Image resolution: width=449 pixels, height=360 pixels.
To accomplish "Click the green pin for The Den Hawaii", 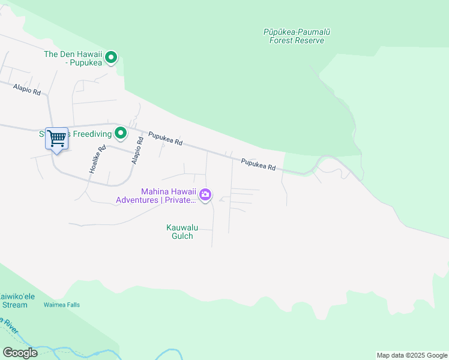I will [x=111, y=58].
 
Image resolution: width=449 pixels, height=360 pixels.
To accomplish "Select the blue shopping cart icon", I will [x=56, y=139].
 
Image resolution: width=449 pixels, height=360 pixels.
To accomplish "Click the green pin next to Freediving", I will [x=121, y=133].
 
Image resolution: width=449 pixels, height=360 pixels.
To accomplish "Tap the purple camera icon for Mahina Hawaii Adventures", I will [x=205, y=194].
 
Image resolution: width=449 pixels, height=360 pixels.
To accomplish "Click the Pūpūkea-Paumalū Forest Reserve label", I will [x=293, y=36].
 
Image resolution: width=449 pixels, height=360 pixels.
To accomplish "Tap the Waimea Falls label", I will [x=61, y=305].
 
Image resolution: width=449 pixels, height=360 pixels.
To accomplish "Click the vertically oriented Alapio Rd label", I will [x=138, y=151].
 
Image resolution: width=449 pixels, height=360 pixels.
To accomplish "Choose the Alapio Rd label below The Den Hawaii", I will [x=26, y=90].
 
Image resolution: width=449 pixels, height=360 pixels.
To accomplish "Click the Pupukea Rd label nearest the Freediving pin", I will [x=165, y=139].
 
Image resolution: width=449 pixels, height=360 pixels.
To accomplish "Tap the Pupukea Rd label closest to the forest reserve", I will [x=259, y=164].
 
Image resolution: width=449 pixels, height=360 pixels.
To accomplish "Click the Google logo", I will [x=20, y=352].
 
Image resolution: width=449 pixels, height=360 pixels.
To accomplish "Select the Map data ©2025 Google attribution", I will [x=412, y=355].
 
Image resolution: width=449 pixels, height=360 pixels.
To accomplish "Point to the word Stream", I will [x=14, y=305].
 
